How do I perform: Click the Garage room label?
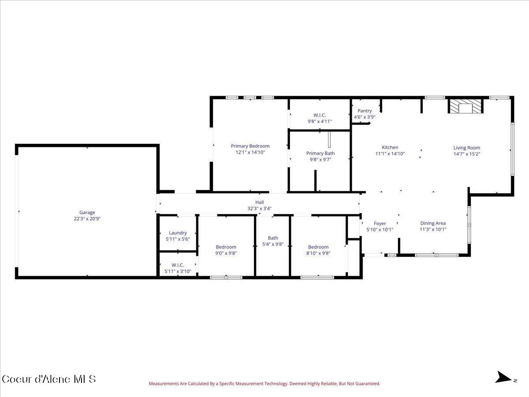[87, 212]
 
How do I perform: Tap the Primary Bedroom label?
[250, 146]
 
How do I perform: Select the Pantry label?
[365, 111]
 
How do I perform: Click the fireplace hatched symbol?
[466, 106]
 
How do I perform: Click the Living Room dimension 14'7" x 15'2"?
[467, 154]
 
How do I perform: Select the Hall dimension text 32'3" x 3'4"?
[259, 209]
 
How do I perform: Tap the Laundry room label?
[178, 233]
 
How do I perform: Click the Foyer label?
[380, 224]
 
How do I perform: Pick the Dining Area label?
[433, 223]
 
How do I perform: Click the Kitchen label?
[390, 147]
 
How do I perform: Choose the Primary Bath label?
[320, 153]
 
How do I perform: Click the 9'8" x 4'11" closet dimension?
[320, 121]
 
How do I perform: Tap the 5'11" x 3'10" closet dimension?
[178, 271]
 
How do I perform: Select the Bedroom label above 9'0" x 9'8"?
[226, 247]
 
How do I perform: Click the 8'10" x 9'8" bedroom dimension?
[318, 253]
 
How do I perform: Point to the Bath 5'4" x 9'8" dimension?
[273, 244]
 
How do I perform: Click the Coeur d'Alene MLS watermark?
[49, 379]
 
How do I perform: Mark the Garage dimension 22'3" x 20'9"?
[87, 219]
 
